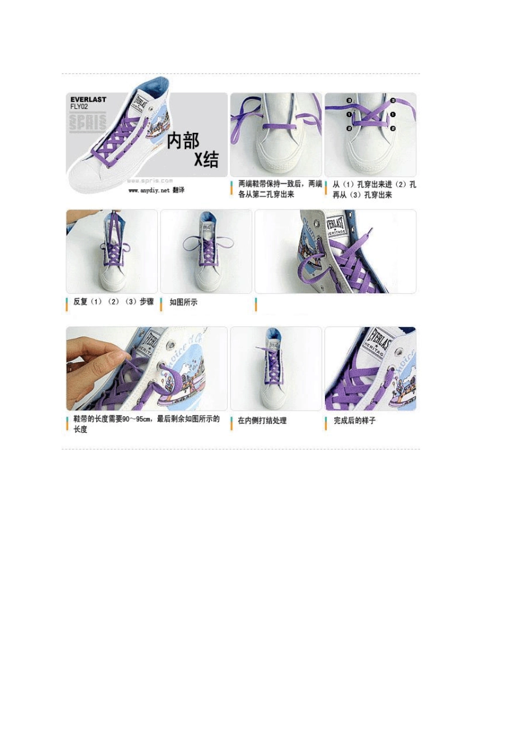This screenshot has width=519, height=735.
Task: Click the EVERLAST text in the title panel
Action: [88, 100]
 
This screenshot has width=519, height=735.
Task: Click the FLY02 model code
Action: [79, 107]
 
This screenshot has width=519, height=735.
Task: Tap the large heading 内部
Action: [183, 141]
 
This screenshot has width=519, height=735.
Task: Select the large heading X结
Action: [207, 160]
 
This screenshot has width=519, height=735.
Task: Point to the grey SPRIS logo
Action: [87, 122]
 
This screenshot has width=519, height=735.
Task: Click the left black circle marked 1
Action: [349, 115]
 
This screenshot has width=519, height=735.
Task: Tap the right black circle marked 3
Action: [393, 101]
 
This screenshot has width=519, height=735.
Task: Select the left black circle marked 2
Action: [349, 129]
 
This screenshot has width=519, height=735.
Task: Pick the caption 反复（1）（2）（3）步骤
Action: [114, 302]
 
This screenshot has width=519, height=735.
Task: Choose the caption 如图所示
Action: [184, 302]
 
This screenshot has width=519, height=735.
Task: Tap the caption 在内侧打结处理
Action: [262, 421]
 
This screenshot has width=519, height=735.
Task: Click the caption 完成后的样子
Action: [355, 421]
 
